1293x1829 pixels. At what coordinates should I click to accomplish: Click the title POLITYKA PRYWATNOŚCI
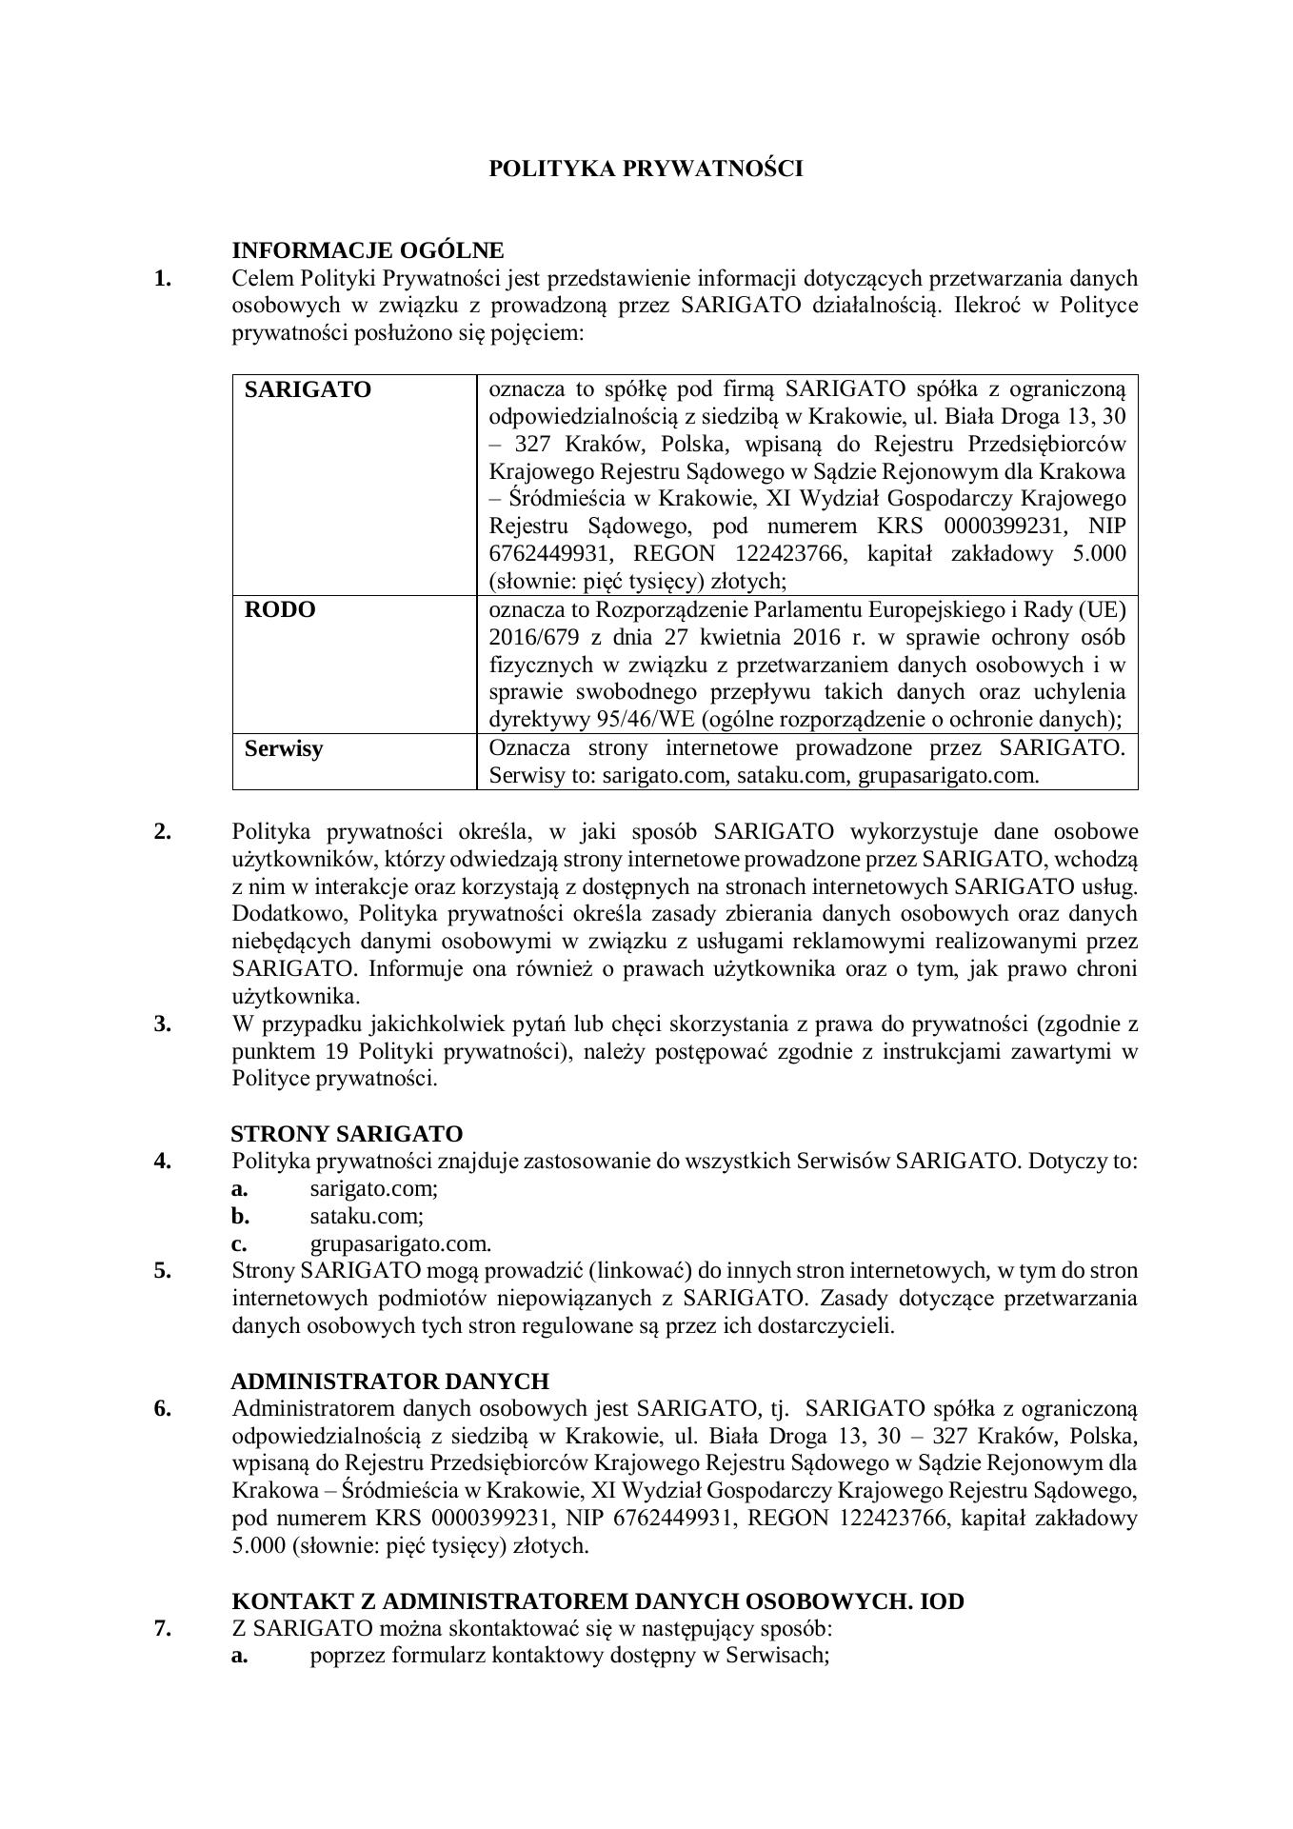[646, 169]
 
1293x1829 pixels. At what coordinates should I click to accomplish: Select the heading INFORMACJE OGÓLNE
[368, 250]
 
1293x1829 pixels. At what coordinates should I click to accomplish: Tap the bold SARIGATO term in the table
[308, 389]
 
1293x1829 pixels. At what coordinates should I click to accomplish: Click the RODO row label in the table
[280, 609]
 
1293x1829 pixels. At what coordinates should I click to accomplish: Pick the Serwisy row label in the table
[284, 748]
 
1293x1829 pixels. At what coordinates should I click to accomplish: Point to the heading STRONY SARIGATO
[347, 1134]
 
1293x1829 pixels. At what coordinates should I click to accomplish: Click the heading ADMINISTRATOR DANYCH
[390, 1381]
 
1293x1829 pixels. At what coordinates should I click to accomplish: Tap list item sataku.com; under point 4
[367, 1216]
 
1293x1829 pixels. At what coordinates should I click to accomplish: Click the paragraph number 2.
[163, 831]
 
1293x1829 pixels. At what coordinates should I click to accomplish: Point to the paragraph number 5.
[163, 1271]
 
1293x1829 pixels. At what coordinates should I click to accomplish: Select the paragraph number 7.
[163, 1628]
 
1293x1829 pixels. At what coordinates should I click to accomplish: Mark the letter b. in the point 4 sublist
[240, 1216]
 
